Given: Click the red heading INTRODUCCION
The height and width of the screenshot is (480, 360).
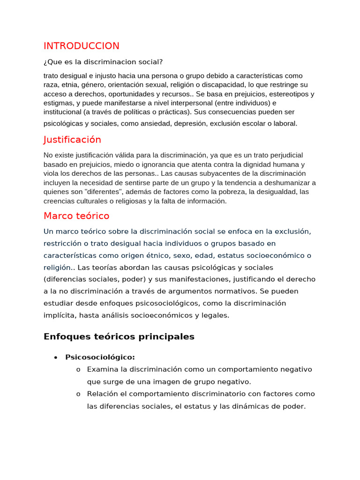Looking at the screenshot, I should point(81,46).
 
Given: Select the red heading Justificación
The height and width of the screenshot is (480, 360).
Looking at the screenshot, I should point(72,140).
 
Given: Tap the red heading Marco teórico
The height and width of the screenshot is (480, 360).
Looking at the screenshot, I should point(76,216).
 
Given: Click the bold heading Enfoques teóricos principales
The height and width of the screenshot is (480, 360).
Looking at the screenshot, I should point(119,337).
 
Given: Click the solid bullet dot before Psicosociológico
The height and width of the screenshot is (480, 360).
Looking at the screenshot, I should point(55,357).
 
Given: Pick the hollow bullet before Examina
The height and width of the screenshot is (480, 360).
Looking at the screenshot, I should point(78,369).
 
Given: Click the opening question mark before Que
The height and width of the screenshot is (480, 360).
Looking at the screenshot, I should point(45,62).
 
